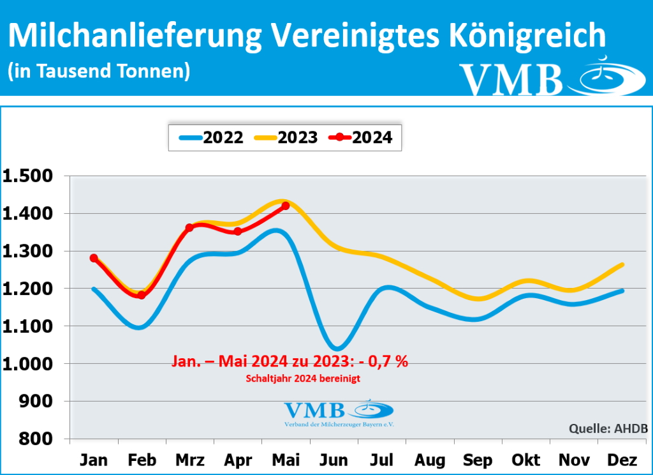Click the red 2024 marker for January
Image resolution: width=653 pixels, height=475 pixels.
(94, 258)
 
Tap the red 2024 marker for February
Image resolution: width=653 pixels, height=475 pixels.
(142, 295)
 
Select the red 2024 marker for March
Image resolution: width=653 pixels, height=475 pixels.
(189, 227)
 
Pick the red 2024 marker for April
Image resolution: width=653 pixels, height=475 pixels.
(238, 231)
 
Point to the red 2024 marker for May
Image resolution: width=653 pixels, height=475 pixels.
(286, 206)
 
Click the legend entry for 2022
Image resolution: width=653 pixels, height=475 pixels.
(211, 137)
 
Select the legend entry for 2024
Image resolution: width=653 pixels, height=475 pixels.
(360, 137)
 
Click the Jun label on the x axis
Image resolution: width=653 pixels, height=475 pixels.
(334, 460)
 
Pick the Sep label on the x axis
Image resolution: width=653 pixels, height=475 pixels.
(478, 460)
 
